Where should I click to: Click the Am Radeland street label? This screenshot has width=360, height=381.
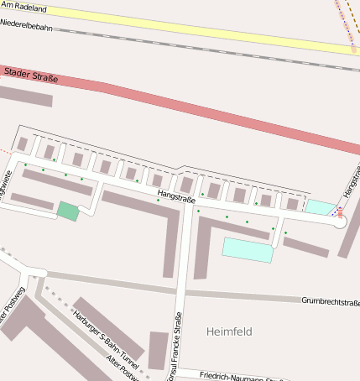pos(23,8)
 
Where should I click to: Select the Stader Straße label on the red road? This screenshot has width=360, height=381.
pos(32,77)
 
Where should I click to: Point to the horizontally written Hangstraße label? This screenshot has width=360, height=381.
pos(175,198)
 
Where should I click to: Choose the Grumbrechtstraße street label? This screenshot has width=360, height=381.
pos(330,301)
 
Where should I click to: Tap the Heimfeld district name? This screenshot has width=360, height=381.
pos(229,331)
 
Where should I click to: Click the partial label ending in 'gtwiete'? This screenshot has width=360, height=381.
pos(5,182)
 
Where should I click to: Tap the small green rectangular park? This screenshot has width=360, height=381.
pos(68,211)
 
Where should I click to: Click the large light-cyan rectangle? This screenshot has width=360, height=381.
pos(248,249)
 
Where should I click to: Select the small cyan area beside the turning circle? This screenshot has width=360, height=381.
pos(319,207)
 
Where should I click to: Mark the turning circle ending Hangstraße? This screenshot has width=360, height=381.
pos(340,222)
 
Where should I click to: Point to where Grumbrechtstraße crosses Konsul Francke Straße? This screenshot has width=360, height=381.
pos(180,292)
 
